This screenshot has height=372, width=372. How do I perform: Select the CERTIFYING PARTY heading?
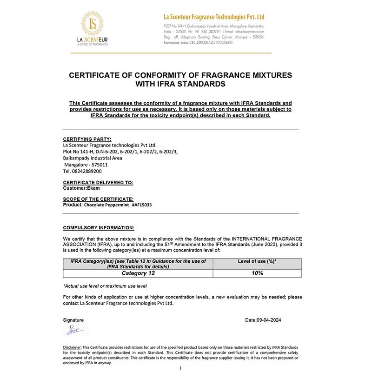click(87, 139)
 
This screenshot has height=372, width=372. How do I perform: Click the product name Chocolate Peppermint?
click(106, 205)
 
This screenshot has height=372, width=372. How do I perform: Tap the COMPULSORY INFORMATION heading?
click(99, 227)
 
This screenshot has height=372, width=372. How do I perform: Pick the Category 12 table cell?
click(138, 273)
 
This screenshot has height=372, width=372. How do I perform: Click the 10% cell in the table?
click(257, 273)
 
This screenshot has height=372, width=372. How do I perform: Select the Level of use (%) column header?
click(257, 261)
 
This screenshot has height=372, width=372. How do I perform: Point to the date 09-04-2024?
click(263, 320)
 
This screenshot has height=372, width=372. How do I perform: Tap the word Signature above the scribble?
click(73, 320)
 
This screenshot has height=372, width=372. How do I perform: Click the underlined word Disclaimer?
click(73, 347)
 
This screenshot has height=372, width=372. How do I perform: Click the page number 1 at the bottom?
click(180, 368)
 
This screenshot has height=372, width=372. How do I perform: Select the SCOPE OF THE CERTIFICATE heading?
click(98, 199)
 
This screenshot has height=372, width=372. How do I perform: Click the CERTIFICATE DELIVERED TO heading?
click(98, 183)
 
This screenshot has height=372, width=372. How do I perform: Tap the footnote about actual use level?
click(105, 286)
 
